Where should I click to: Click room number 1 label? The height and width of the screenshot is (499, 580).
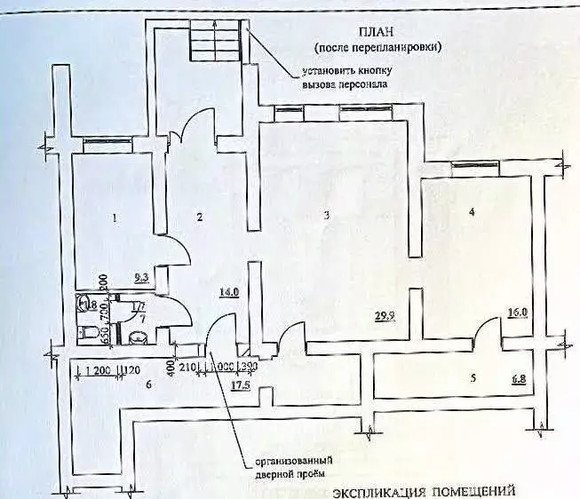click(115, 216)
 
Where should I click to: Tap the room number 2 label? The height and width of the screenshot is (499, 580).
click(201, 216)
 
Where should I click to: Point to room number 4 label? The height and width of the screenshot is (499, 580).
click(472, 212)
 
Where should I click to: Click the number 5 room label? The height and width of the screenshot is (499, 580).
click(473, 378)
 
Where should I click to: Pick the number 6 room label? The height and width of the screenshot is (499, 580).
click(149, 384)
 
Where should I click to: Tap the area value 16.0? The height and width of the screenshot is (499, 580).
click(518, 313)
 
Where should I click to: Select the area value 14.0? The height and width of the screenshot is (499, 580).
click(229, 290)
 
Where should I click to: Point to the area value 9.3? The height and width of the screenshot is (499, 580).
click(140, 279)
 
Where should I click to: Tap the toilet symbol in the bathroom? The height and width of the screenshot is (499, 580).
click(89, 333)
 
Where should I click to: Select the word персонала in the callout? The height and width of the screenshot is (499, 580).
click(363, 84)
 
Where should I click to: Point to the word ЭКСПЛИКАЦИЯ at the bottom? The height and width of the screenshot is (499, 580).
click(377, 491)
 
